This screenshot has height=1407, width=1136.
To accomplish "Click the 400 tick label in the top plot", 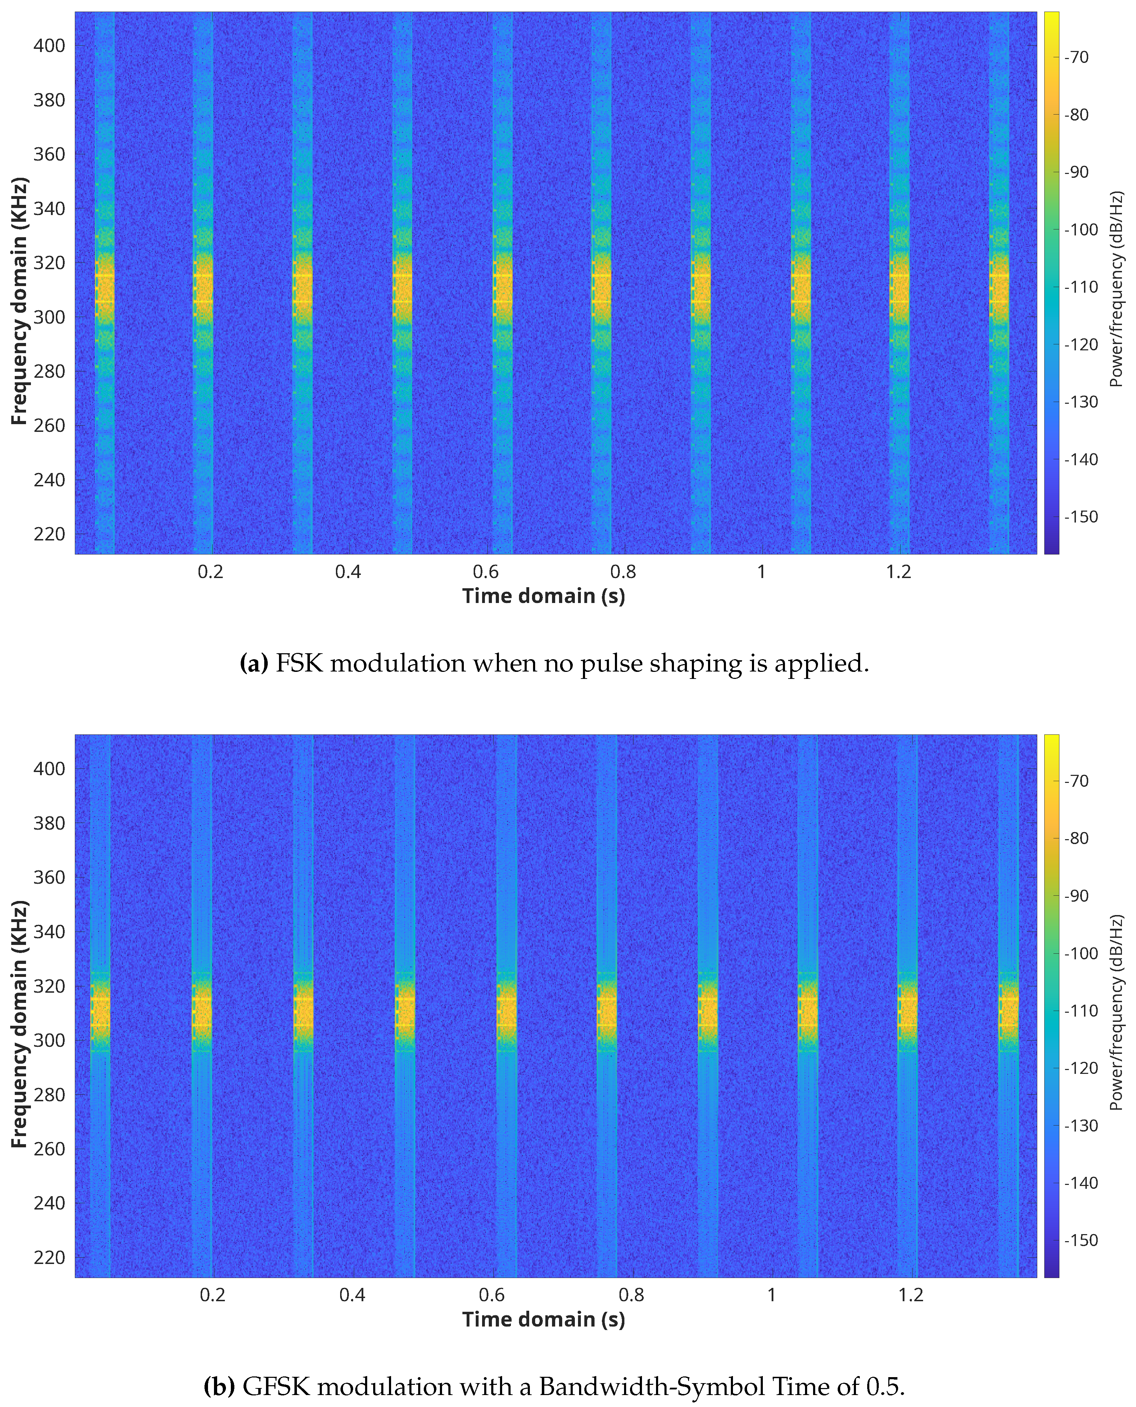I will (x=49, y=46).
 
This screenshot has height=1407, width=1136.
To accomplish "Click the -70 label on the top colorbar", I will (x=1077, y=58).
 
